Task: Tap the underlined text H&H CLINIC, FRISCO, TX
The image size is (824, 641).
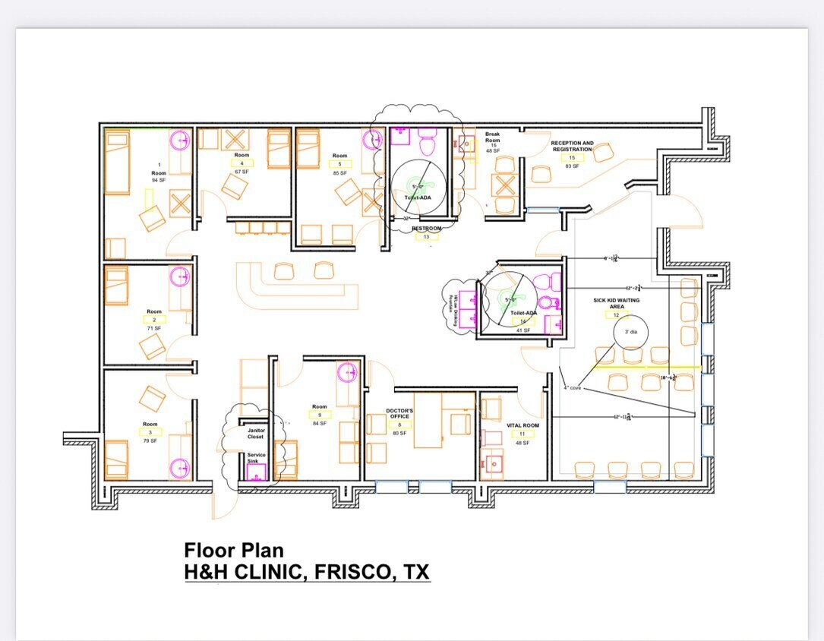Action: [x=307, y=572]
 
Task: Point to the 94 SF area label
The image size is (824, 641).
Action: [x=158, y=180]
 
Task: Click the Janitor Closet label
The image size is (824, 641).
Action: [x=256, y=433]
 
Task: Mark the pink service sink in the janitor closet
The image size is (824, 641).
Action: [x=257, y=472]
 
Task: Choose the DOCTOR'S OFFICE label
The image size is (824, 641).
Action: [x=399, y=413]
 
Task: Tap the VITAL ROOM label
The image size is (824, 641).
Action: [x=522, y=425]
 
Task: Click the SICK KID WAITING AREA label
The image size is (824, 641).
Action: [x=617, y=303]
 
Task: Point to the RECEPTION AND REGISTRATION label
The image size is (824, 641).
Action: [x=572, y=146]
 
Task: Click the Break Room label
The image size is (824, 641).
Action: [x=492, y=137]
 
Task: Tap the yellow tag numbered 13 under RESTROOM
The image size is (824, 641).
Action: [x=426, y=236]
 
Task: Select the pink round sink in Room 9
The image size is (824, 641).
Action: [x=347, y=372]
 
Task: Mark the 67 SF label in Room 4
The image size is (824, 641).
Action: [x=242, y=172]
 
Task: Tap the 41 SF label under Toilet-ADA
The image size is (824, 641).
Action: [x=522, y=330]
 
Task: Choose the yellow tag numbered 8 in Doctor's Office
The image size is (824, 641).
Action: [x=399, y=425]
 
